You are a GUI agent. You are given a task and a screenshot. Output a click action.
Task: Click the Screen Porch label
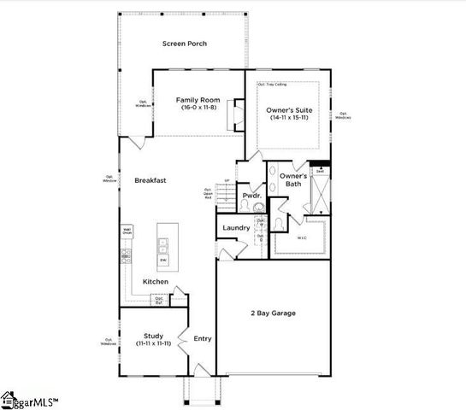(x=185, y=44)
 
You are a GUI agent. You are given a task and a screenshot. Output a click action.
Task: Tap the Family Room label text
(x=198, y=100)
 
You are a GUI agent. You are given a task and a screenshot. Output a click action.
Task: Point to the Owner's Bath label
(x=293, y=180)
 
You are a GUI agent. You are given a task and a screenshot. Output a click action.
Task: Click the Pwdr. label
(x=251, y=196)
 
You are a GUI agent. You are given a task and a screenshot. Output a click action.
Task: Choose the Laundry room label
(x=236, y=228)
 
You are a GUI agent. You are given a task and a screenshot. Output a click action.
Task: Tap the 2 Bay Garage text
(x=273, y=313)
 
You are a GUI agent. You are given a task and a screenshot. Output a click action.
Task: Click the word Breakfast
(x=150, y=180)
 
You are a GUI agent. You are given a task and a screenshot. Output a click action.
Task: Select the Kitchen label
(x=156, y=282)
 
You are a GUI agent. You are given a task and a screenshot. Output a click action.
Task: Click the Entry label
(x=203, y=339)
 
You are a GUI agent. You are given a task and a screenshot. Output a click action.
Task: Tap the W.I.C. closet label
(x=302, y=238)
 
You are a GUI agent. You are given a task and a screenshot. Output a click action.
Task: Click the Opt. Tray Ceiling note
(x=272, y=84)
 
